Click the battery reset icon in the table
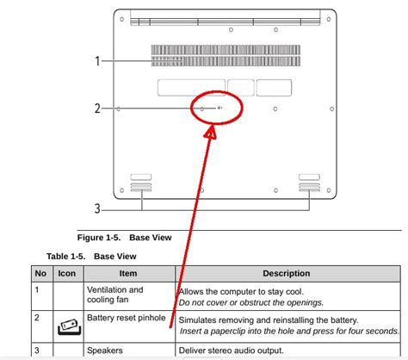[x=67, y=326]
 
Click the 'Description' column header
[x=287, y=274]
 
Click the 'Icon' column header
[x=67, y=274]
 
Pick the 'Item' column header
[x=127, y=274]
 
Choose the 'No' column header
[x=40, y=274]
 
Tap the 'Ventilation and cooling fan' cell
[x=115, y=296]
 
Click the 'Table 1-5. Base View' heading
[x=92, y=256]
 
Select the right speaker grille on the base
[x=309, y=183]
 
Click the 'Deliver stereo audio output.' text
[x=231, y=351]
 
